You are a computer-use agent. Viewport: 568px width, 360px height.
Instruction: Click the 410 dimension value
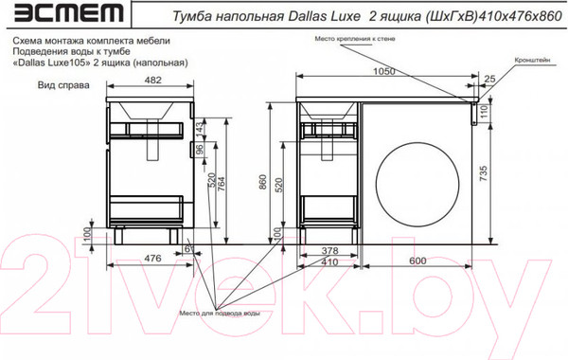(328, 261)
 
